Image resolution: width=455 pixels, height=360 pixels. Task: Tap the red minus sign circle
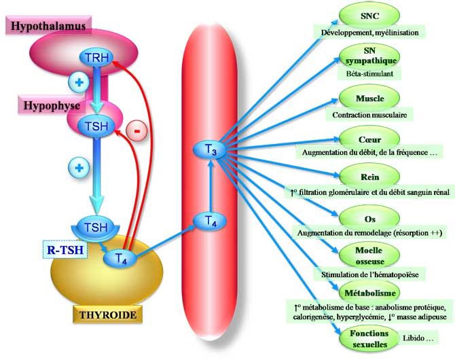pos(136,131)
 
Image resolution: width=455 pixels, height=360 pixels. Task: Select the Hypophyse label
pos(48,107)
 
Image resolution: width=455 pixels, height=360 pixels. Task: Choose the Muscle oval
pos(369,99)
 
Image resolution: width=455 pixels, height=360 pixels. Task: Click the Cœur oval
pos(369,139)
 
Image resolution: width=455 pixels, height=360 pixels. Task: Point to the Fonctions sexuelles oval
pos(369,338)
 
